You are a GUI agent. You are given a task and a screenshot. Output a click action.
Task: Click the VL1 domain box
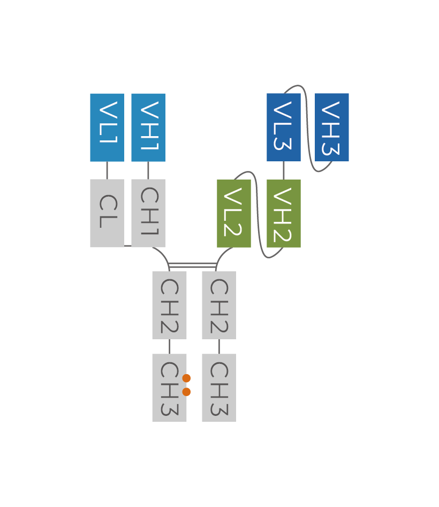[107, 127]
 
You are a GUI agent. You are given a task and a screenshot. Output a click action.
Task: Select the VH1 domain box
[148, 127]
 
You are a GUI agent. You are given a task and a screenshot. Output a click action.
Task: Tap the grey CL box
[107, 213]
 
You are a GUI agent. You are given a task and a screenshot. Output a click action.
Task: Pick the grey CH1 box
[148, 213]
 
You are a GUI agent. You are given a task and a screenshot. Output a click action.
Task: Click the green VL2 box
[234, 213]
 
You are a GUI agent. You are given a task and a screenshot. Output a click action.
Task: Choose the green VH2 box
[284, 213]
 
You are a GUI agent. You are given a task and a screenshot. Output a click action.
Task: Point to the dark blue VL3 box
[284, 127]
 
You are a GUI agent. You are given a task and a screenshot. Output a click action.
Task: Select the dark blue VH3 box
[332, 127]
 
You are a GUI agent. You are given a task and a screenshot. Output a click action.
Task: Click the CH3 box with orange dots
[169, 387]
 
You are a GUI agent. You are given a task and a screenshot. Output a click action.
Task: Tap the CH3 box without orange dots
[219, 387]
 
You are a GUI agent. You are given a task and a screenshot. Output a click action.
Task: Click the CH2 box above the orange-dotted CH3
[169, 305]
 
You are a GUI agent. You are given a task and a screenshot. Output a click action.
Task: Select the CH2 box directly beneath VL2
[219, 305]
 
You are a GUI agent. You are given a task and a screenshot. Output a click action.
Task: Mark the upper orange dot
[186, 378]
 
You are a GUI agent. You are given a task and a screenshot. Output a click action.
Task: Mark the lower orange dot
[186, 392]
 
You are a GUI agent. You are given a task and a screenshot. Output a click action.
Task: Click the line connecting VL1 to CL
[107, 170]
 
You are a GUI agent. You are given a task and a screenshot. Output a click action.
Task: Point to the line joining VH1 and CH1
[148, 170]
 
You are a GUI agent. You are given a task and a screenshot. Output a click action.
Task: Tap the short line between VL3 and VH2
[284, 170]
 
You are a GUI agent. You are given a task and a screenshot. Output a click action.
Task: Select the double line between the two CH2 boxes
[193, 265]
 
